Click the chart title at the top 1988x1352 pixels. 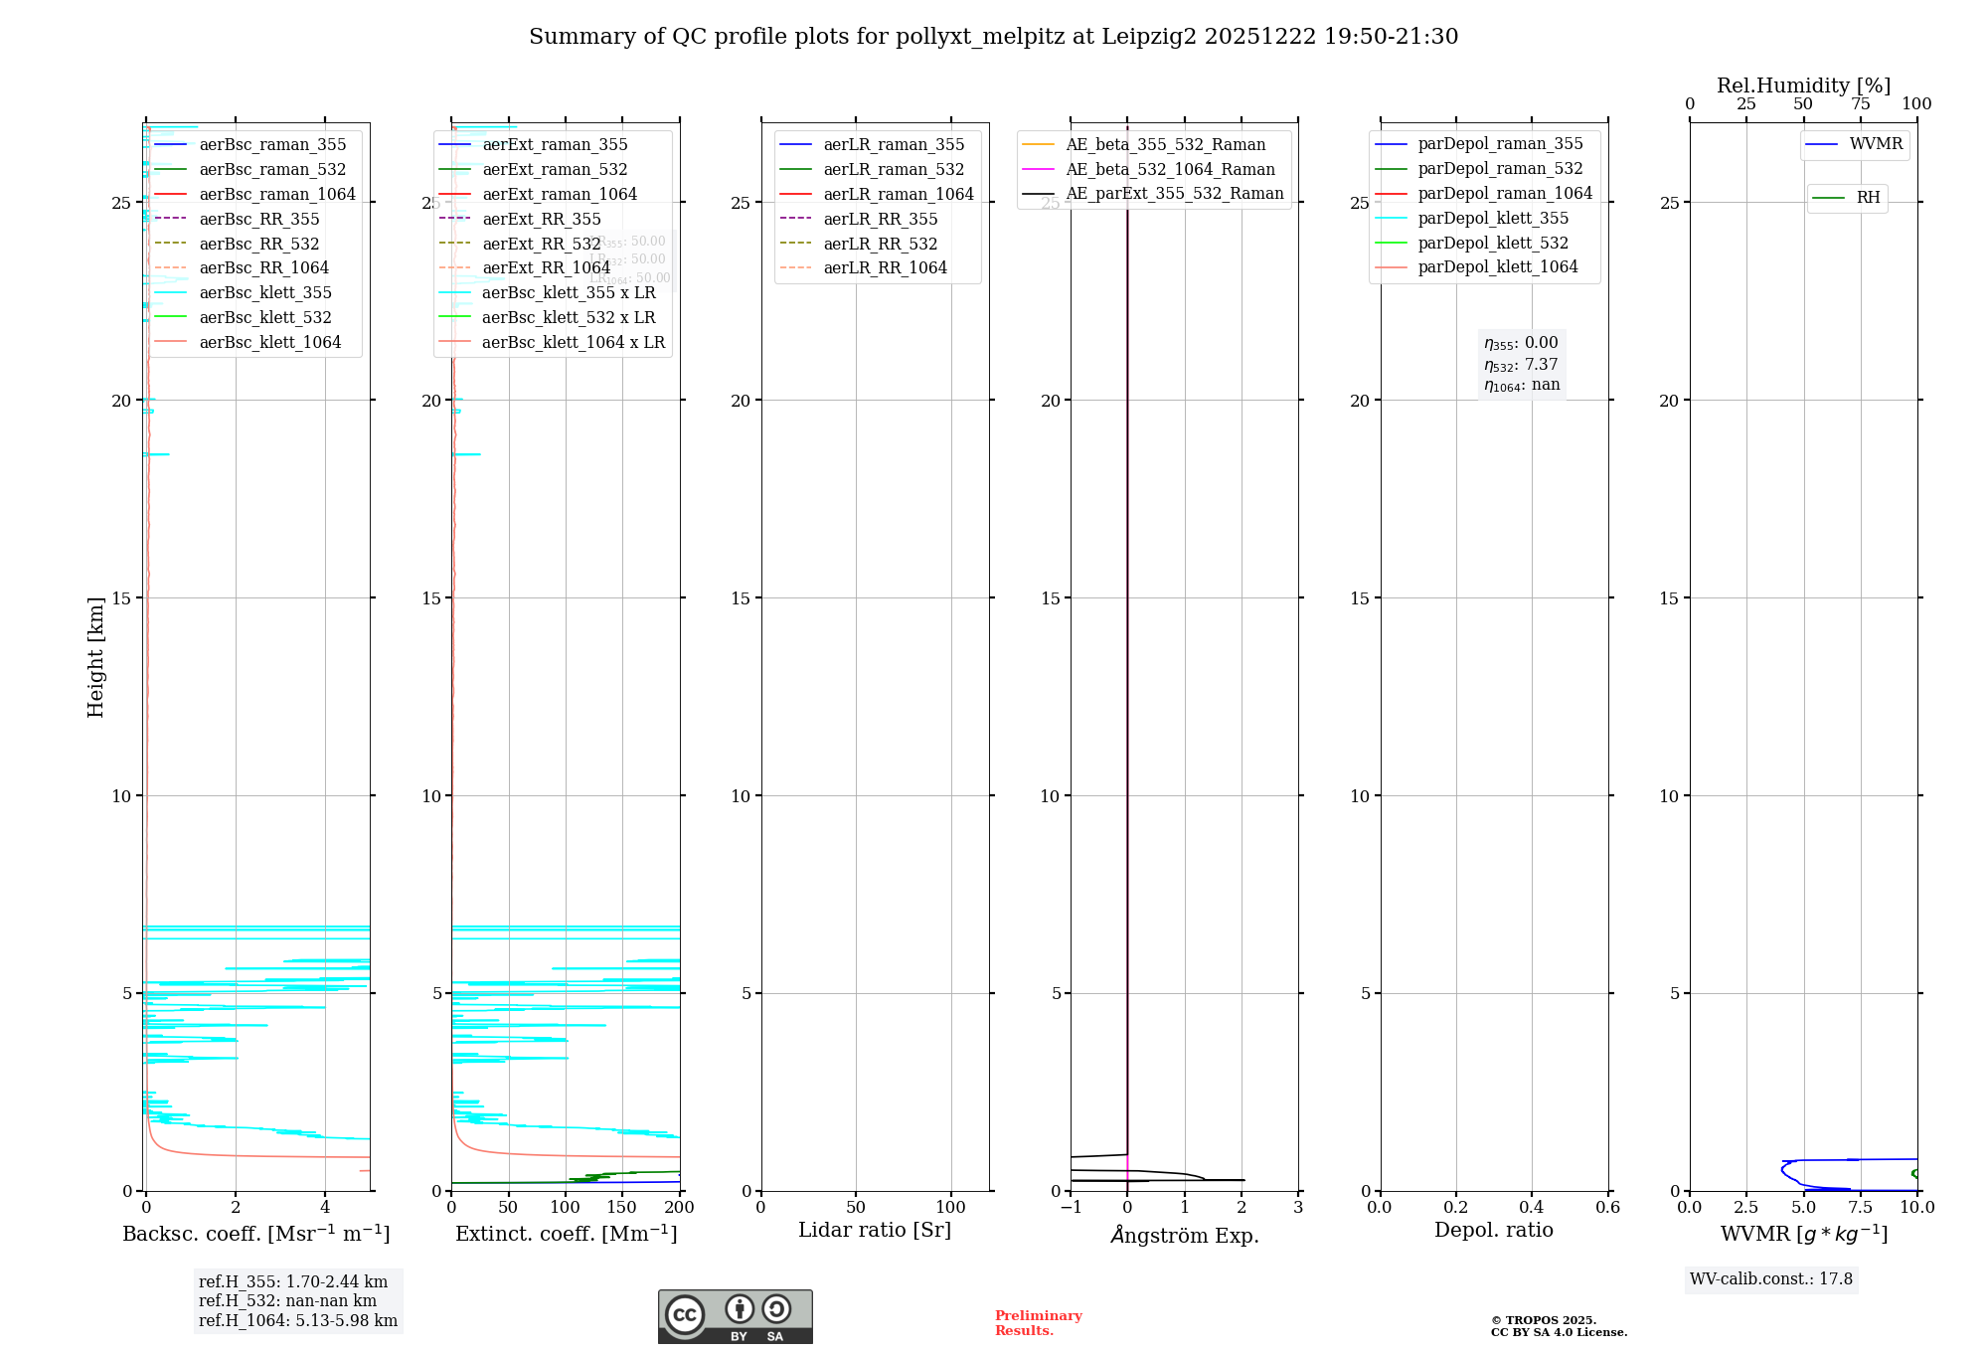coord(993,37)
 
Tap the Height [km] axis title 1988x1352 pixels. coord(95,657)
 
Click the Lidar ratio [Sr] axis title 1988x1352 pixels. coord(875,1230)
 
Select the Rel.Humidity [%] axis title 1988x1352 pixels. coord(1803,85)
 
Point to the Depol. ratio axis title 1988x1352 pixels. coord(1493,1230)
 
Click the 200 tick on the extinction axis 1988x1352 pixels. coord(680,1208)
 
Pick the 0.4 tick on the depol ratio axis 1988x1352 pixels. coord(1532,1208)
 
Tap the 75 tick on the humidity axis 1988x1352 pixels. coord(1860,104)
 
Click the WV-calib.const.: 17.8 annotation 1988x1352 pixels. coord(1771,1279)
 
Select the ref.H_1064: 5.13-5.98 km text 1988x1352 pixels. coord(298,1321)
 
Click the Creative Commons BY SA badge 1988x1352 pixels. coord(735,1316)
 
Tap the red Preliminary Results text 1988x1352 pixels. coord(1038,1323)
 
